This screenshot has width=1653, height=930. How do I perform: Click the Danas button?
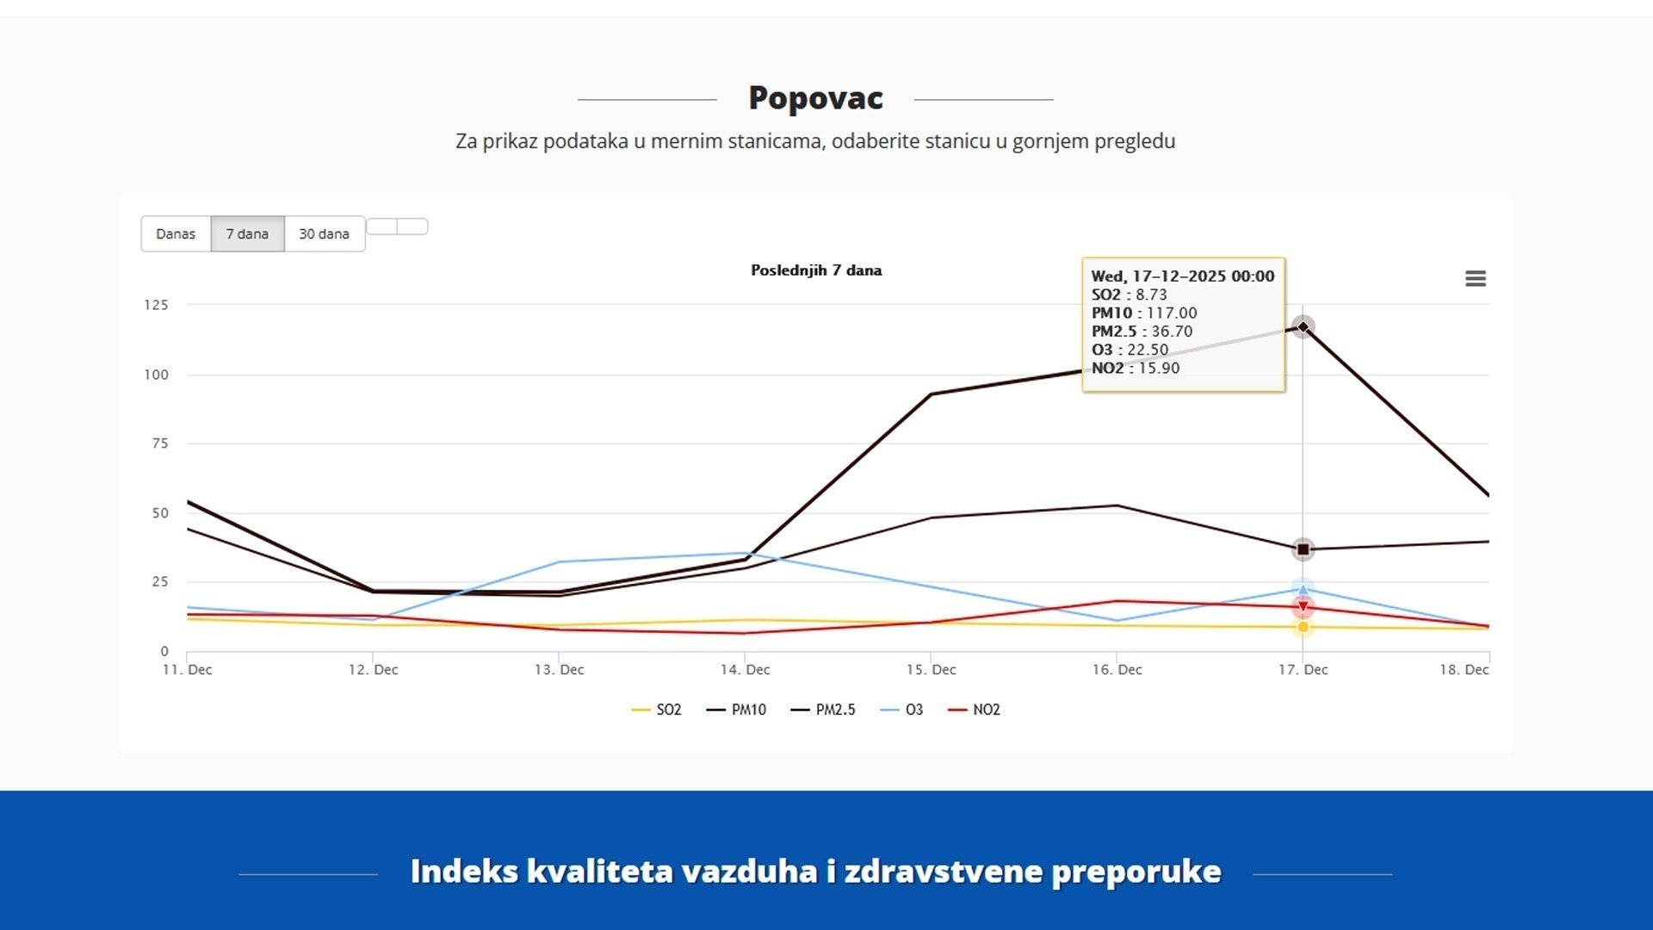tap(176, 234)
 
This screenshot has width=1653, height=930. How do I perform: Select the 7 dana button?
tap(247, 234)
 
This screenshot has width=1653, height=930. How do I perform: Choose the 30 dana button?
tap(324, 234)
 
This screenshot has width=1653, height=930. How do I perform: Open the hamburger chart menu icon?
tap(1476, 279)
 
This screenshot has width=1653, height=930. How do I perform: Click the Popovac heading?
tap(815, 98)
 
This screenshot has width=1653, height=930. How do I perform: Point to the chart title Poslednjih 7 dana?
tap(816, 270)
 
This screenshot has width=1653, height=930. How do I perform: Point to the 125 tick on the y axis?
tap(156, 305)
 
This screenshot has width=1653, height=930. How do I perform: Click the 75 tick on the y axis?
tap(159, 443)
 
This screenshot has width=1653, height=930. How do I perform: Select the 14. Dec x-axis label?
tap(746, 670)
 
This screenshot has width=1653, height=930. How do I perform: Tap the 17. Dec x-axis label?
tap(1303, 670)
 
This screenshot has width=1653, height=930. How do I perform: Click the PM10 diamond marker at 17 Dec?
tap(1303, 327)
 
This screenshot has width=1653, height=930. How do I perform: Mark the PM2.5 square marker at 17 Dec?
tap(1303, 549)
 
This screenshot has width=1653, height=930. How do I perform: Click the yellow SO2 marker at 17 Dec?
tap(1303, 628)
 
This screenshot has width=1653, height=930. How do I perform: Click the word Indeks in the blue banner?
tap(465, 871)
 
